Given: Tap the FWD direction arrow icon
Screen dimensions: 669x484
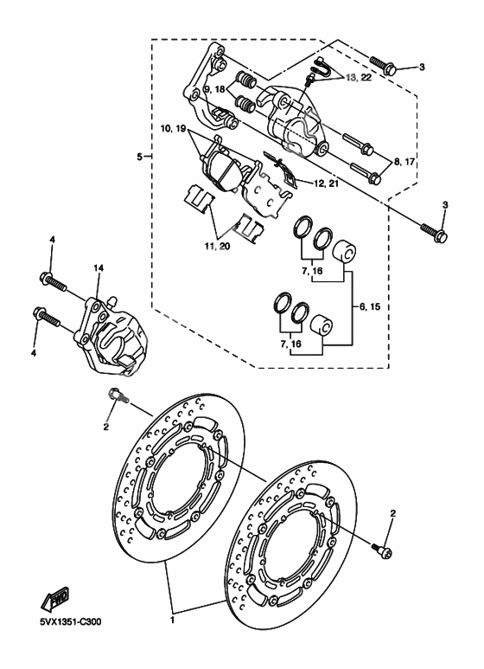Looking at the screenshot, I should point(57,598).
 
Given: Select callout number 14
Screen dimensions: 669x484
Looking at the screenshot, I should point(99,269).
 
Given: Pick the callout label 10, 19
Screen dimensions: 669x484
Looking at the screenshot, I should point(173,129).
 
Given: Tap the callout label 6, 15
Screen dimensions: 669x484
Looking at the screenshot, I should point(369,306).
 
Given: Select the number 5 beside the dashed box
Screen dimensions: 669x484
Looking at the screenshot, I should point(138,157).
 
